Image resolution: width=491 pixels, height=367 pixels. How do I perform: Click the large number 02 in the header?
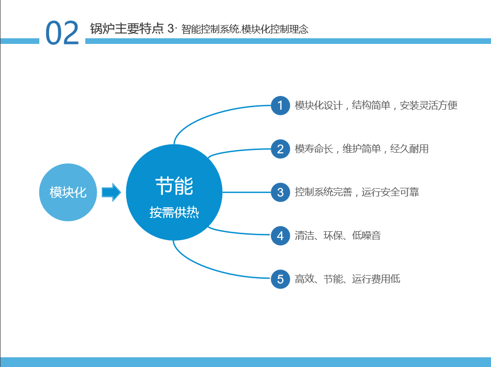point(62,33)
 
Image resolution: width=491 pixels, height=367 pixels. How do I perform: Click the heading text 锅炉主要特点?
point(127,29)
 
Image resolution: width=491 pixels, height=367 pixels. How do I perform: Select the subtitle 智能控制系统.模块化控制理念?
point(245,30)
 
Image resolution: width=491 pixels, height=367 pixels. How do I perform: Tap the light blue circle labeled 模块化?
point(68,192)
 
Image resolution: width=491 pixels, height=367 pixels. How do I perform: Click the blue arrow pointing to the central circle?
point(111,192)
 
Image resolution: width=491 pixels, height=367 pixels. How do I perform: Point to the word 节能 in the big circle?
point(174,186)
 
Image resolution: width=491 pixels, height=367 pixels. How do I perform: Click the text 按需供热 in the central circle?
point(174,212)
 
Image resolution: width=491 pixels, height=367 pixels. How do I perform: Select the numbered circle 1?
point(280,106)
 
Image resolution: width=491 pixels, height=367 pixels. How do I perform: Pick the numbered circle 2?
point(280,149)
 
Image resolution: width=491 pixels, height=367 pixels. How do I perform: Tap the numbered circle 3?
point(280,192)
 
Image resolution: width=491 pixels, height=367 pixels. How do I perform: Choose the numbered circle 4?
point(280,236)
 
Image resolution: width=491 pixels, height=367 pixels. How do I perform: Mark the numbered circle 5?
point(280,279)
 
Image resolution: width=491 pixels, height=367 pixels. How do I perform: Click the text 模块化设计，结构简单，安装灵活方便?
point(376,106)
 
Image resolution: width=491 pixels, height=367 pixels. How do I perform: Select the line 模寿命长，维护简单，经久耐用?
point(362,149)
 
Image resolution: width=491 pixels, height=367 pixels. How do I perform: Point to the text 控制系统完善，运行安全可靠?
point(357,192)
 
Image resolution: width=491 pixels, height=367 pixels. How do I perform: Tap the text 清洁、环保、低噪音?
point(338,235)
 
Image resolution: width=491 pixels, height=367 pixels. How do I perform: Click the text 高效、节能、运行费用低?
point(347,279)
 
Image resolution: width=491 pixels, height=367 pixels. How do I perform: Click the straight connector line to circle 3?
point(246,192)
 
